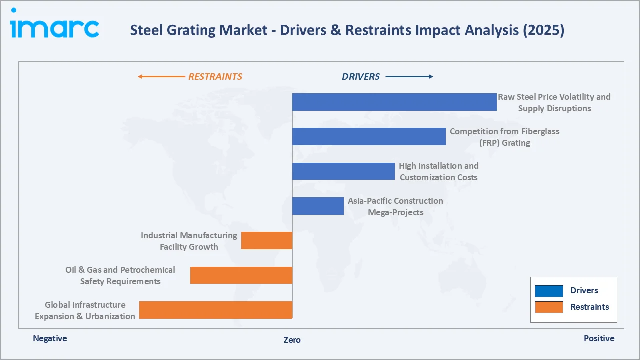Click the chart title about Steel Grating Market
[347, 30]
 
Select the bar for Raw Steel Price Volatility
[394, 102]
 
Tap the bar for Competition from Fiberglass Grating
[369, 136]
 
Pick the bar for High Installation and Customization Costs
[343, 171]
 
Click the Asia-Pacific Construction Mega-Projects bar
[318, 206]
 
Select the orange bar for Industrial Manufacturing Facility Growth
[267, 240]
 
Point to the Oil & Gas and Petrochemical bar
[241, 275]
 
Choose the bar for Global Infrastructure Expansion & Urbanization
[216, 310]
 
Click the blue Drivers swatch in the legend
[549, 291]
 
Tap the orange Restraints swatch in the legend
[549, 307]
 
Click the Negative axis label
[50, 338]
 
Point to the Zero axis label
[292, 340]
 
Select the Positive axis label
[599, 338]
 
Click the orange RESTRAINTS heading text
[215, 77]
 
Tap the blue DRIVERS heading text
[361, 77]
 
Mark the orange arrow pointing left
[161, 77]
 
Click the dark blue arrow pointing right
[409, 77]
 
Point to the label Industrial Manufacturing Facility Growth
[189, 241]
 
